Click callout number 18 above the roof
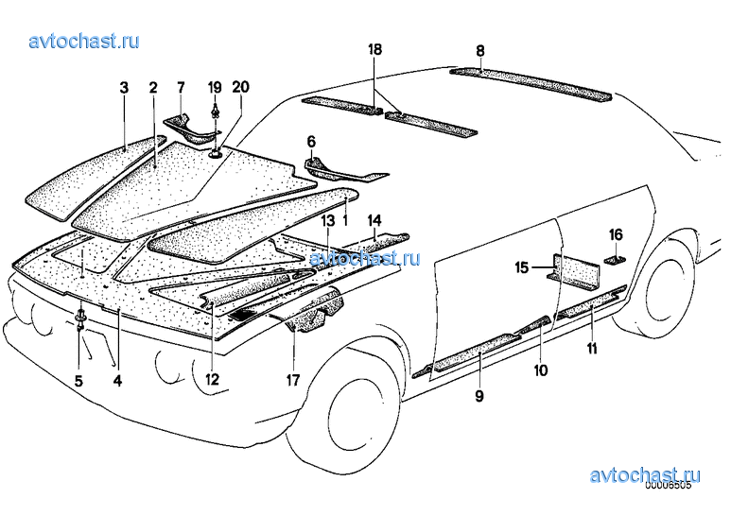[x=374, y=49]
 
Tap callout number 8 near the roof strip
[x=480, y=50]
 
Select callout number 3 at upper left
[x=124, y=87]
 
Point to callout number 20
[x=240, y=87]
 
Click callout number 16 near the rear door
[x=616, y=234]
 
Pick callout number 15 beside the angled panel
[x=522, y=267]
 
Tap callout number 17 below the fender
[x=293, y=380]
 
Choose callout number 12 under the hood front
[x=212, y=379]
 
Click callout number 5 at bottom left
[x=78, y=381]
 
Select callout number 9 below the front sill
[x=479, y=396]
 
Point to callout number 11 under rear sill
[x=592, y=348]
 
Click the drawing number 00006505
[x=668, y=485]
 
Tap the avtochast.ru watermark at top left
[x=84, y=41]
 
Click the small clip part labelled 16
[x=616, y=260]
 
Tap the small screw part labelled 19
[x=215, y=112]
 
